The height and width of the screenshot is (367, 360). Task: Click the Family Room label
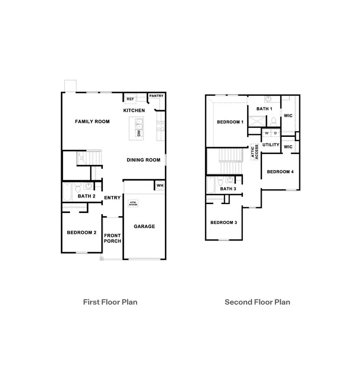pos(92,122)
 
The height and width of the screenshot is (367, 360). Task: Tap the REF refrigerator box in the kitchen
pos(130,99)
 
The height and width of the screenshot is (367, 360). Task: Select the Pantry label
pos(156,96)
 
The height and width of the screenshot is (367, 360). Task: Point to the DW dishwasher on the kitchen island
pos(139,134)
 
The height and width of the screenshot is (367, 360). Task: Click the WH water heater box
pos(160,185)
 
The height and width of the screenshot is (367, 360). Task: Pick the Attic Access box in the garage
pos(133,203)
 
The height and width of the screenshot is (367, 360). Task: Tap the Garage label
pos(144,227)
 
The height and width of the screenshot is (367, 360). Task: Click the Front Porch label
pos(112,238)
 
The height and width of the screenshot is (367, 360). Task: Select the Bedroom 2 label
pos(82,233)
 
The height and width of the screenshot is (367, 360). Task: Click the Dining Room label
pos(143,160)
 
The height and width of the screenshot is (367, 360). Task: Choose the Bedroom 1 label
pos(230,122)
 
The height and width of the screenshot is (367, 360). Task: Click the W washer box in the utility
pos(267,133)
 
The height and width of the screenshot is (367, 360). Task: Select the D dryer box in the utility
pos(276,133)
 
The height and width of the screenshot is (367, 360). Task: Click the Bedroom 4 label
pos(280,172)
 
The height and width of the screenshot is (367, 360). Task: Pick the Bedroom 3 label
pos(224,223)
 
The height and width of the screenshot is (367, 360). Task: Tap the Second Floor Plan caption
pos(257,302)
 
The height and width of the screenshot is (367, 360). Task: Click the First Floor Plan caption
pos(110,302)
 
